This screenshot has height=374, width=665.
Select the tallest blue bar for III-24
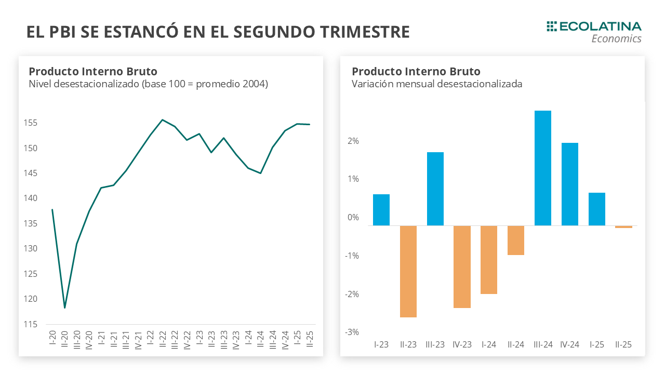click(x=543, y=168)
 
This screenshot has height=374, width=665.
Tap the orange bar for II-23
click(x=408, y=271)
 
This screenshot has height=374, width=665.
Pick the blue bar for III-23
click(x=435, y=189)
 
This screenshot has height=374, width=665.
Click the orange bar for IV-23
click(x=462, y=266)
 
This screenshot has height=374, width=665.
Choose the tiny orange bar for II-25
click(x=623, y=226)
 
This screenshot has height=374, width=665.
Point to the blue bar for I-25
click(x=597, y=209)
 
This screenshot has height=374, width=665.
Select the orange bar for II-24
click(x=516, y=240)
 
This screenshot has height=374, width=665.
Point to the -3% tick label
click(x=352, y=332)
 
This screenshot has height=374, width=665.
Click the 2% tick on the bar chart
click(x=353, y=141)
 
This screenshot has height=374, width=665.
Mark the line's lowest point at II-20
click(x=64, y=308)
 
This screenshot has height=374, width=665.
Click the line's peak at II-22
click(x=163, y=120)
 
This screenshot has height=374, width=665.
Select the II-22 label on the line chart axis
click(x=163, y=340)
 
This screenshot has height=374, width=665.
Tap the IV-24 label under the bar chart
click(x=570, y=344)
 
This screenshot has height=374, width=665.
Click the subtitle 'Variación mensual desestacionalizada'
click(x=436, y=84)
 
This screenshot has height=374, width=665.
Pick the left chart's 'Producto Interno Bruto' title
click(x=93, y=71)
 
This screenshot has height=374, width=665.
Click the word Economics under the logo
click(x=616, y=38)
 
